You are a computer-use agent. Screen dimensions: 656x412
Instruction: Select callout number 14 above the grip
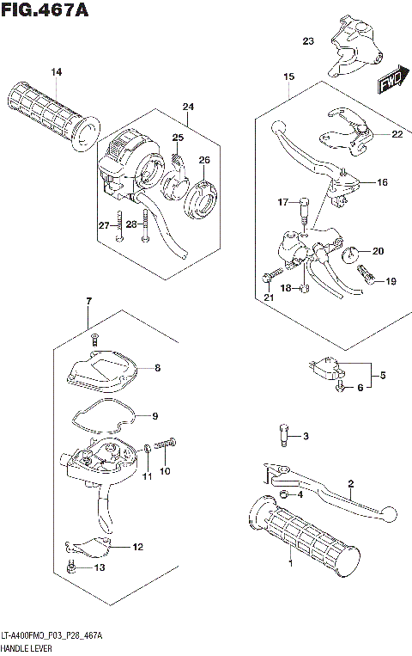[56, 72]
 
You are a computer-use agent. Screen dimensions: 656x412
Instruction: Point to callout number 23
[308, 40]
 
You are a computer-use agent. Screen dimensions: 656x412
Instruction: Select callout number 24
[188, 107]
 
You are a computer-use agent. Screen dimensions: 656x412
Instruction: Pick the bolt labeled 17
[305, 207]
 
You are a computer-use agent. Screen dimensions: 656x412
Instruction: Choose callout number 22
[396, 134]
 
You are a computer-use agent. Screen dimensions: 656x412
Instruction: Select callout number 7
[88, 300]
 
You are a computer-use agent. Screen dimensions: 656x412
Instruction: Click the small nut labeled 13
[72, 567]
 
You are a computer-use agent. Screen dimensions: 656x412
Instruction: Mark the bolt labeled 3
[282, 435]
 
